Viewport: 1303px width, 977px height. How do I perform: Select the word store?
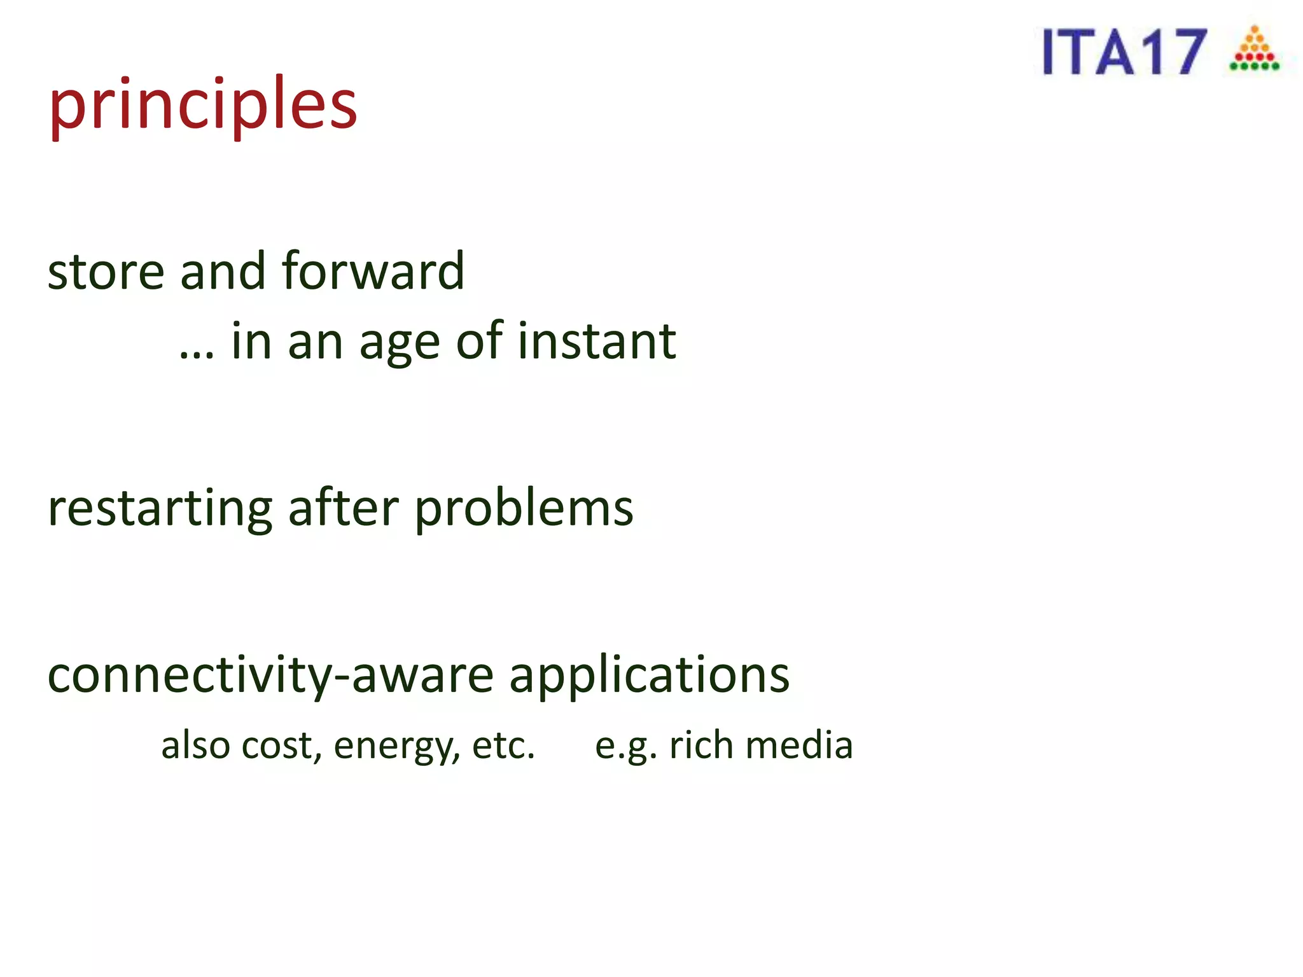[x=106, y=272]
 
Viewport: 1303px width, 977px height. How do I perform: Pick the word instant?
[x=597, y=342]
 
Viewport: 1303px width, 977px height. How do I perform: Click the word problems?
[x=524, y=510]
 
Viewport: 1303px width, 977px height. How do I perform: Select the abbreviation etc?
[x=503, y=745]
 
